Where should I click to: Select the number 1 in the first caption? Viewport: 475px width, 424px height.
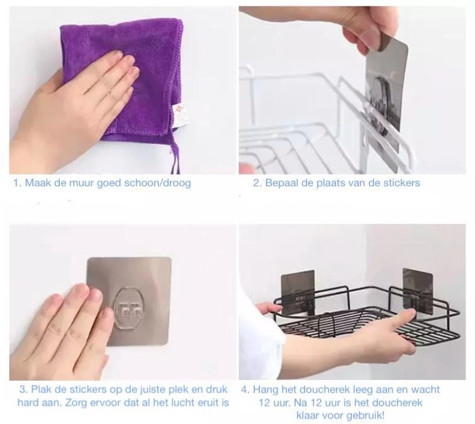(16, 183)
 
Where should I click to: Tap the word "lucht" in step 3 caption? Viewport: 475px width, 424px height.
(177, 403)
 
